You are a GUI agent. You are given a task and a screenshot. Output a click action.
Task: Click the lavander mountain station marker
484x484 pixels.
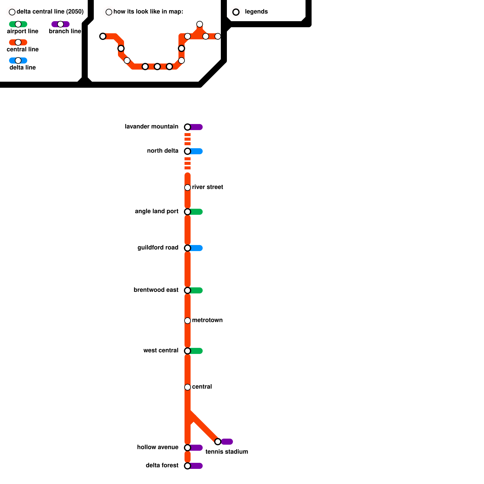tap(188, 127)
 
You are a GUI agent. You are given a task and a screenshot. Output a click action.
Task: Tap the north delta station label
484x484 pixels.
tap(162, 151)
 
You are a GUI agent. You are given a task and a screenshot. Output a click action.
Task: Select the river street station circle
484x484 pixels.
tap(188, 188)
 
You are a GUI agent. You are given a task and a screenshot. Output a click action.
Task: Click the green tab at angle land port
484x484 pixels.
tap(197, 212)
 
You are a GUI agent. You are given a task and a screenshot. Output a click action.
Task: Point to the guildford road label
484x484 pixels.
tap(158, 248)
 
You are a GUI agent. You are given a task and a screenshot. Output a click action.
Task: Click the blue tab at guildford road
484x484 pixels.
tap(197, 248)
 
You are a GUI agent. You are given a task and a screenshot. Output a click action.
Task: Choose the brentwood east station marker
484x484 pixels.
tap(188, 290)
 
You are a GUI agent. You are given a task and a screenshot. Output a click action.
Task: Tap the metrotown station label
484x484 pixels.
tap(207, 320)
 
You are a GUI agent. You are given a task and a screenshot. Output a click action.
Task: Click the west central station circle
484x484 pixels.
tap(188, 351)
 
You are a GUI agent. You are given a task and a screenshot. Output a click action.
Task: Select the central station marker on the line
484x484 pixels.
tap(188, 387)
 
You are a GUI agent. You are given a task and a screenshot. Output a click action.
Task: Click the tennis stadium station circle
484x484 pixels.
tap(218, 442)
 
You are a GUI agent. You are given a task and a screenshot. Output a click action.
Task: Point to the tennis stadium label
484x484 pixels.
tap(227, 452)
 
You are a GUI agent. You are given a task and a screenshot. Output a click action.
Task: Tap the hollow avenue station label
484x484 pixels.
tap(158, 447)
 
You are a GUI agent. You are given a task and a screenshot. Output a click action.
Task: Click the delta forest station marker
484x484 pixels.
tap(188, 466)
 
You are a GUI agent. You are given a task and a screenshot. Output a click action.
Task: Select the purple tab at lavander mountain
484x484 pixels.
tap(197, 127)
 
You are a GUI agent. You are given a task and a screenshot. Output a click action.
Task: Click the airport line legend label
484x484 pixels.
tap(23, 31)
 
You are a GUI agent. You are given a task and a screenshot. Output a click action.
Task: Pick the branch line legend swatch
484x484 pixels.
tap(60, 24)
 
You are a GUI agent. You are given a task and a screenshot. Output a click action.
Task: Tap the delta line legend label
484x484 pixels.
tap(23, 68)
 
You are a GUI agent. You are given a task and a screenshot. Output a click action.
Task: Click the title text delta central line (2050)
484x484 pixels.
tap(50, 12)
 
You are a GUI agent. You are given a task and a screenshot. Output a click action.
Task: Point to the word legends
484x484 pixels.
tap(256, 12)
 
